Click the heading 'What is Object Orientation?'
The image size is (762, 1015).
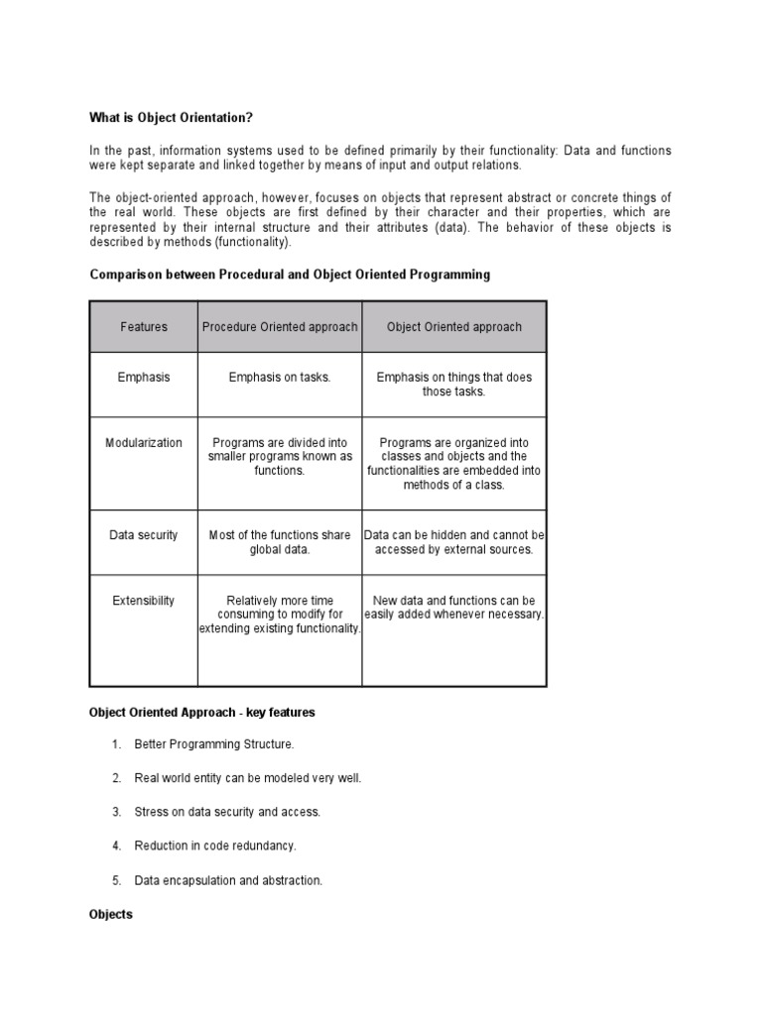point(171,118)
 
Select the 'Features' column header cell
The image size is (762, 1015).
point(144,327)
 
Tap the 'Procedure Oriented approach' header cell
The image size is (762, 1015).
point(280,327)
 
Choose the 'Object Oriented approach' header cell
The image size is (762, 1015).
point(453,327)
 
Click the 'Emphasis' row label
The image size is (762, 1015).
point(144,377)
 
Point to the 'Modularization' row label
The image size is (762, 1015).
point(144,443)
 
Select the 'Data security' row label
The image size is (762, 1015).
point(144,535)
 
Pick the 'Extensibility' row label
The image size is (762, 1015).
point(144,601)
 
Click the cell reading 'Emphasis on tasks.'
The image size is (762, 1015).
point(280,377)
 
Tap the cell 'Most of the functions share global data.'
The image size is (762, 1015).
point(280,542)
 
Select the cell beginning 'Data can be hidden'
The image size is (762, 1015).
point(453,542)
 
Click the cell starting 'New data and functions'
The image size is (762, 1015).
point(453,608)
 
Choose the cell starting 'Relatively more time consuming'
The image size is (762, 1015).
point(280,615)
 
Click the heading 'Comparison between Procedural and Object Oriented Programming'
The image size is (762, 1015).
point(290,275)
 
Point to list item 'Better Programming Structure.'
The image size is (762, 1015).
point(214,744)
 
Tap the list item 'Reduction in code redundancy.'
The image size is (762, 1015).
point(215,846)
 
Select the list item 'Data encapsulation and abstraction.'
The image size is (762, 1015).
point(228,880)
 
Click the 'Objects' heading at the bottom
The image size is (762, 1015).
point(110,915)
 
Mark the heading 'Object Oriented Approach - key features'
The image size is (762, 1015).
point(202,712)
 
